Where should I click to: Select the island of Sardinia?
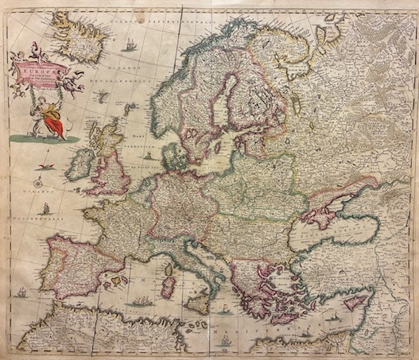[x=169, y=284]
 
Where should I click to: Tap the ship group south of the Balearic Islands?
[x=144, y=302]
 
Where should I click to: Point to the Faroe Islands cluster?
[x=103, y=96]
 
